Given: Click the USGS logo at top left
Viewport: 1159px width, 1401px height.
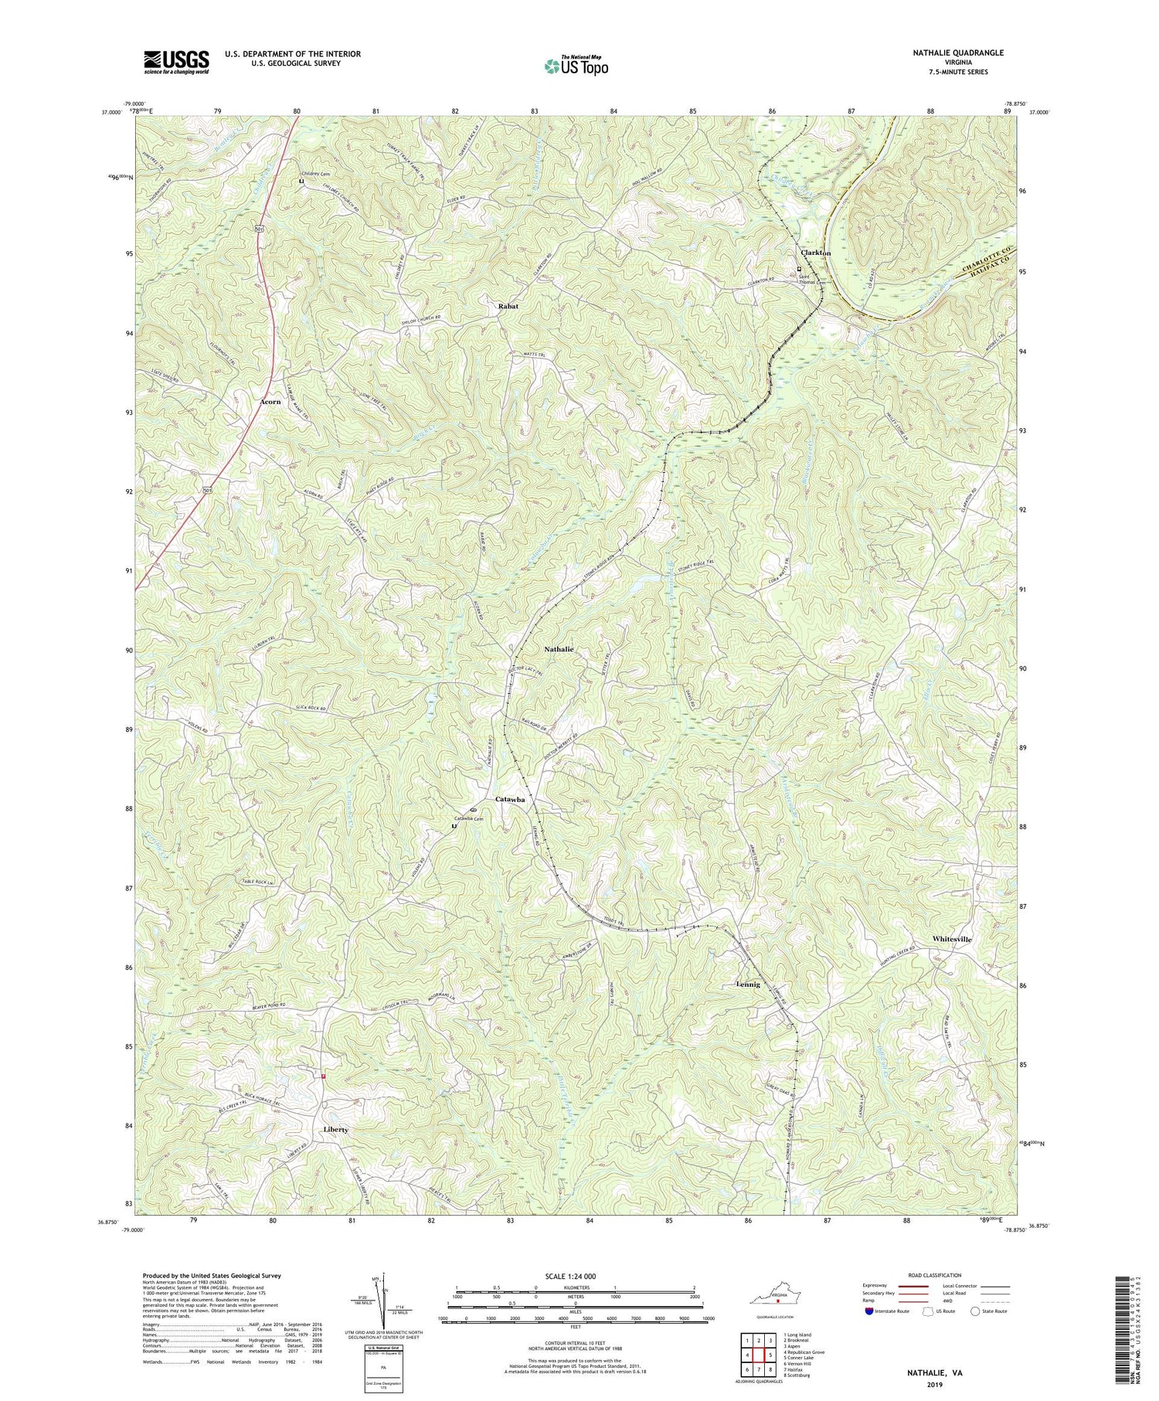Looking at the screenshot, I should coord(175,62).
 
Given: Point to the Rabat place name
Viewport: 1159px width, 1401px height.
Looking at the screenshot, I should coord(508,307).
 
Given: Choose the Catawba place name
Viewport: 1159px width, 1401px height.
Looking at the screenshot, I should coord(510,800).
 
